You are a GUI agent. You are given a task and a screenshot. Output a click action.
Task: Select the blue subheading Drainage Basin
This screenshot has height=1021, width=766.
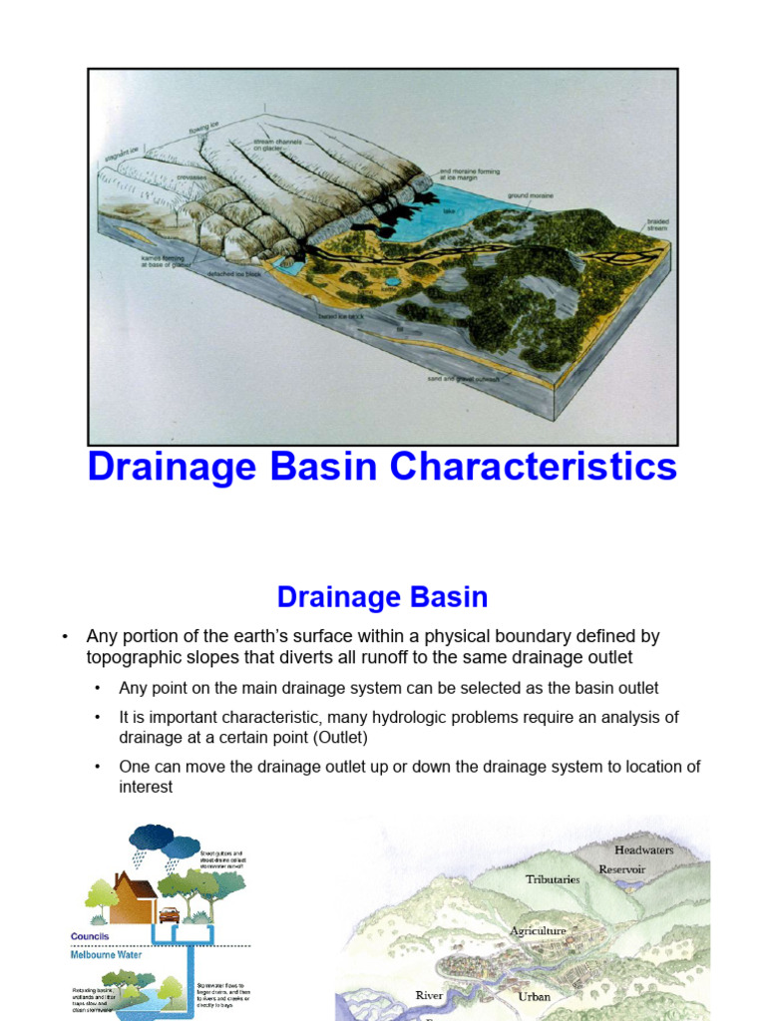[382, 597]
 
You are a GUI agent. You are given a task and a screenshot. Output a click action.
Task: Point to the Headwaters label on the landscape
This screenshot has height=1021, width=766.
[643, 850]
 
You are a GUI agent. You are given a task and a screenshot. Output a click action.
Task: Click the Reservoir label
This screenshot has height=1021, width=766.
[621, 869]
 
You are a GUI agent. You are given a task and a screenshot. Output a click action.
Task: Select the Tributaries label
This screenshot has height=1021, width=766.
[552, 879]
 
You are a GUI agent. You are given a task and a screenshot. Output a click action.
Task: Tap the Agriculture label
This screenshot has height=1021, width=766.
[538, 931]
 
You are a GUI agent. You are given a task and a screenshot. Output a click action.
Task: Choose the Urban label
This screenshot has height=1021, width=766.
[534, 996]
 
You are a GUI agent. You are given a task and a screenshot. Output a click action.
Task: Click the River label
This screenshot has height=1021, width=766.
[429, 995]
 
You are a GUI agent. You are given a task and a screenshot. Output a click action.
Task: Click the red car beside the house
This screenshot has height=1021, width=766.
[170, 914]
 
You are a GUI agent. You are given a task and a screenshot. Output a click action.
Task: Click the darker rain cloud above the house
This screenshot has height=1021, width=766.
[151, 837]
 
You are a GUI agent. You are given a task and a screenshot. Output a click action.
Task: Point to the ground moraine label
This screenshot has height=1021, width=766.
[530, 196]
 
